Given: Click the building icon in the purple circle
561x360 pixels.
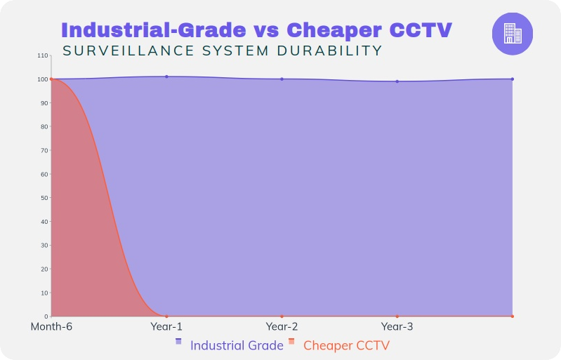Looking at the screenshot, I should point(513,33).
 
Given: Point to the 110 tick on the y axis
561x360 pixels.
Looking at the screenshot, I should point(44,55).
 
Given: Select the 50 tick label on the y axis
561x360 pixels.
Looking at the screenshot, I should point(45,198).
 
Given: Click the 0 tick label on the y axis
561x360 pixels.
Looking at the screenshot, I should point(46,316).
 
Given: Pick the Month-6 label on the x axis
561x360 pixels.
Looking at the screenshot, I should point(51,327).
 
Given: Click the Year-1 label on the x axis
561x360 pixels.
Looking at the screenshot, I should point(166,327).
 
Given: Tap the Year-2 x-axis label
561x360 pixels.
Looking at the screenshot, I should point(282,327).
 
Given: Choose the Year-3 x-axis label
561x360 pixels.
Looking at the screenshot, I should point(397,327).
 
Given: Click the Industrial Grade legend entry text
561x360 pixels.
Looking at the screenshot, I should point(237,345).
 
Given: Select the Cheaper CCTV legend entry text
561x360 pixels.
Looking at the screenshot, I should point(346,345).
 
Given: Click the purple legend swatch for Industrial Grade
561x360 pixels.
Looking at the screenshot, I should point(178,341).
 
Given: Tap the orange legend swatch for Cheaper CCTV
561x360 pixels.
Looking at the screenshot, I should point(291,341).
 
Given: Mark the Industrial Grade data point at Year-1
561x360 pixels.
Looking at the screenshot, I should point(166,76).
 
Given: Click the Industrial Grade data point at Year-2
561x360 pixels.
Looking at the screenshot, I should point(282,79).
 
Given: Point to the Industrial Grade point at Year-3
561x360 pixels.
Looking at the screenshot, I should point(397,81).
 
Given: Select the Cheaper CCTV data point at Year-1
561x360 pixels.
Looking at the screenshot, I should point(166,316).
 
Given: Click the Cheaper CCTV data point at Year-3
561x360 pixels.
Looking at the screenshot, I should point(397,316).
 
